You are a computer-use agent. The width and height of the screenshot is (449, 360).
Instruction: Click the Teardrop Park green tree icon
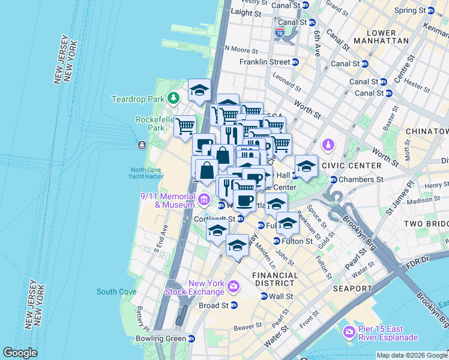tap(173, 97)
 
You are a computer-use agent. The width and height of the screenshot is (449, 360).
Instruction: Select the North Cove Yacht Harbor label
tap(146, 173)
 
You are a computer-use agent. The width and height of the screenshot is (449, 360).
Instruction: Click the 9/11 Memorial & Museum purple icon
tap(204, 199)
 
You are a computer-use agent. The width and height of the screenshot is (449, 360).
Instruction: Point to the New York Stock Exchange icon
tap(232, 289)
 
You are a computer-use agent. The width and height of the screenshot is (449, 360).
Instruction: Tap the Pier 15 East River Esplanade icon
tap(349, 332)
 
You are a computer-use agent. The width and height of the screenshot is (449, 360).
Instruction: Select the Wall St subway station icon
tap(264, 296)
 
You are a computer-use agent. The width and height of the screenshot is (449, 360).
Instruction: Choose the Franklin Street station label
tap(265, 62)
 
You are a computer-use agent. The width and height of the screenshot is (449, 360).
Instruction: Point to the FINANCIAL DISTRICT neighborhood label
tap(275, 280)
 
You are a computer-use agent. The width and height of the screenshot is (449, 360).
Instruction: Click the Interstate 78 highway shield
tap(280, 34)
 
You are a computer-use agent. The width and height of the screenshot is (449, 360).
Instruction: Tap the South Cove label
tap(116, 292)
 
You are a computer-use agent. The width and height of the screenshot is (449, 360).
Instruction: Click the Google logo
tap(20, 353)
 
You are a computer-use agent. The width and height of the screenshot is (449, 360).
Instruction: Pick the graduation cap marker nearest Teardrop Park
tap(199, 91)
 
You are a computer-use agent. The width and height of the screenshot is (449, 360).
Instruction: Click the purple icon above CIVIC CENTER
tap(328, 145)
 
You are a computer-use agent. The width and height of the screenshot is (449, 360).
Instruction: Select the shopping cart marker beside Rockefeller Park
tap(185, 126)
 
